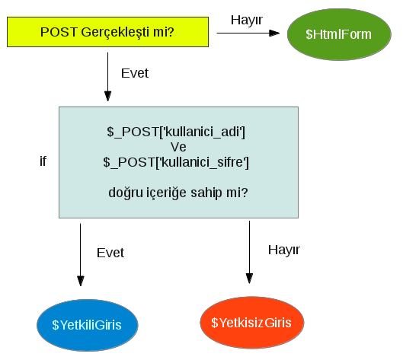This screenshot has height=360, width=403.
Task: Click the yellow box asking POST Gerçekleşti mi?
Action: pyautogui.click(x=107, y=32)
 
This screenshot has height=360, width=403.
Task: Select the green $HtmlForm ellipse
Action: pyautogui.click(x=338, y=34)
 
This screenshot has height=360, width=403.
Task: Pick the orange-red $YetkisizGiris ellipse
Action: pyautogui.click(x=252, y=323)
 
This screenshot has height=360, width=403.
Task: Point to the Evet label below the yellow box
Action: pyautogui.click(x=135, y=74)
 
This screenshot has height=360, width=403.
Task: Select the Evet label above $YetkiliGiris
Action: pyautogui.click(x=110, y=253)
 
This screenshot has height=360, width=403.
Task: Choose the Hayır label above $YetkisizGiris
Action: pyautogui.click(x=284, y=250)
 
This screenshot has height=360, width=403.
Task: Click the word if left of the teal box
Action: pyautogui.click(x=43, y=162)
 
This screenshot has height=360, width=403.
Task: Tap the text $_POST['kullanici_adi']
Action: pyautogui.click(x=176, y=132)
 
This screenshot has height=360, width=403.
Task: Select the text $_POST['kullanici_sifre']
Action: pyautogui.click(x=176, y=162)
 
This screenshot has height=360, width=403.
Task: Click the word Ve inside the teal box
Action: pyautogui.click(x=178, y=147)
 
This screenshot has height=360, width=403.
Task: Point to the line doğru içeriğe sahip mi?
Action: pyautogui.click(x=178, y=193)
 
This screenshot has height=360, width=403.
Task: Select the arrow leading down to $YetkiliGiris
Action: pyautogui.click(x=80, y=255)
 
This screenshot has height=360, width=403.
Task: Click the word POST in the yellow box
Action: pyautogui.click(x=57, y=32)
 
